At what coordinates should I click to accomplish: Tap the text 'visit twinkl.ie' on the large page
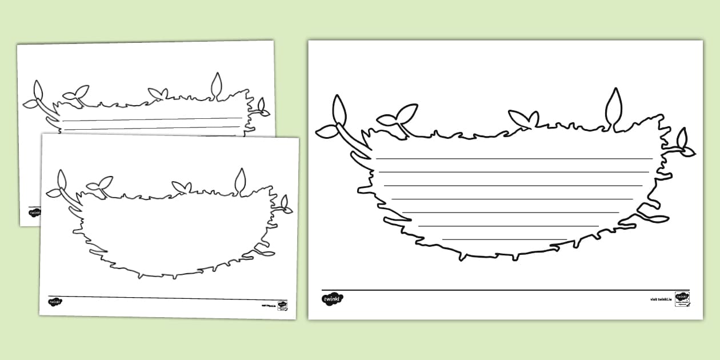pos(661,299)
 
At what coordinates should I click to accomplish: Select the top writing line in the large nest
pos(514,158)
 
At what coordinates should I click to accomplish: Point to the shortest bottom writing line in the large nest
pos(505,239)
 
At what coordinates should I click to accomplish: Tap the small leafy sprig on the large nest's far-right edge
pos(683,143)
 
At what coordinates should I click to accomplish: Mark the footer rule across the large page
pos(505,290)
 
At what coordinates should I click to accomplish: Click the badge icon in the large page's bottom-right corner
pos(682,298)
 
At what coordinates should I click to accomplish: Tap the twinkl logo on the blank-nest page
pos(55,302)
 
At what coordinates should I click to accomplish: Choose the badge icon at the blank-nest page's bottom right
pos(282,305)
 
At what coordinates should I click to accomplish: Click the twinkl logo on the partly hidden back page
pos(33,211)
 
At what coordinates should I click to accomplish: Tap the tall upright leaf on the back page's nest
pos(217,85)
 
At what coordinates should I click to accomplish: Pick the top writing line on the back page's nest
pos(152,119)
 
